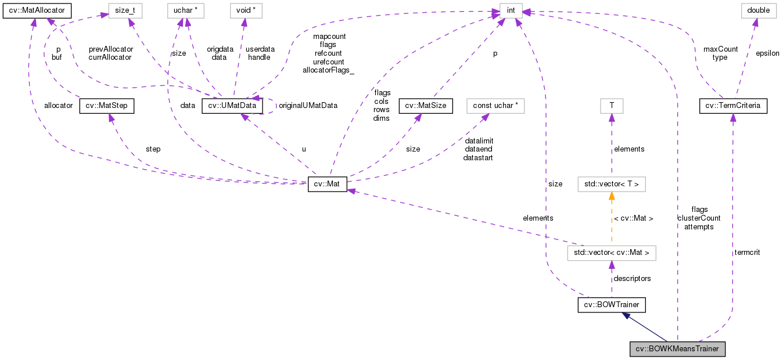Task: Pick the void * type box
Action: click(x=244, y=10)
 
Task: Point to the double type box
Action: click(x=754, y=10)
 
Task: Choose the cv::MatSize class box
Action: click(x=426, y=106)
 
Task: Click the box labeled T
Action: click(x=611, y=106)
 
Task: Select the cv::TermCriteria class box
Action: click(x=733, y=106)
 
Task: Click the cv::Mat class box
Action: click(x=328, y=185)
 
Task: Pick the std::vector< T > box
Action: click(x=611, y=185)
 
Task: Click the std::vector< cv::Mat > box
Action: click(x=611, y=253)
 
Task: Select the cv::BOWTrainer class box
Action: click(x=612, y=305)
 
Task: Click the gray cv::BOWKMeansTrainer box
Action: click(x=678, y=349)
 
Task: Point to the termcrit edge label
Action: click(x=747, y=253)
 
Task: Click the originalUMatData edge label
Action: click(x=308, y=106)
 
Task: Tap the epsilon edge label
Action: click(x=767, y=53)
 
